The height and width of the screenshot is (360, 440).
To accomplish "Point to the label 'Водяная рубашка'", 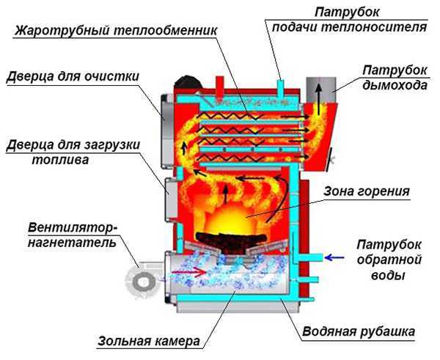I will coord(359,332).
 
